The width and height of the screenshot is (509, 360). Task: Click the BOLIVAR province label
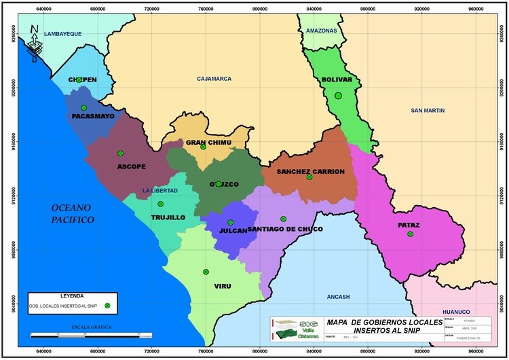point(336,79)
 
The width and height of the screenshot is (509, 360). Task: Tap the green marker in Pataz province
point(410,234)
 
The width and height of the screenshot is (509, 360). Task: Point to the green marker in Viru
point(206,272)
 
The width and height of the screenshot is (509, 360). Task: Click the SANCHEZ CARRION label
point(310,171)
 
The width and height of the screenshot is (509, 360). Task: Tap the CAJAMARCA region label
point(214,79)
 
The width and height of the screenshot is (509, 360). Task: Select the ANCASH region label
point(337,297)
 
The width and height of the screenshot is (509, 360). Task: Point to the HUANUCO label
point(455,312)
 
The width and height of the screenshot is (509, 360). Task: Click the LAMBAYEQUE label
point(62,33)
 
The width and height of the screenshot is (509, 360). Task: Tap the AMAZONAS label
point(321,31)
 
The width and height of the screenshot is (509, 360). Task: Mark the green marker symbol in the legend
point(107,306)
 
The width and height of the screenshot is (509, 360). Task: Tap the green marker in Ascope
point(120,154)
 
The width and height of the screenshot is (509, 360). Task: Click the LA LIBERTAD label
point(159,191)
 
